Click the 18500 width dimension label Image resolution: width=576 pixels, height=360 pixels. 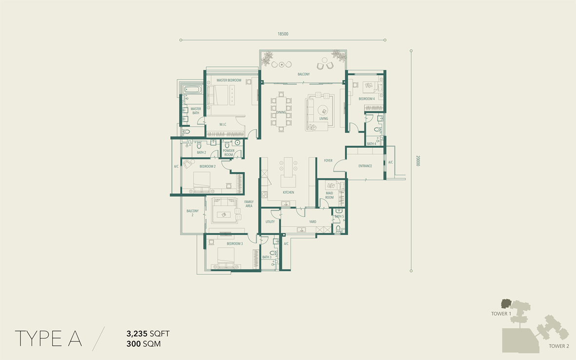283,34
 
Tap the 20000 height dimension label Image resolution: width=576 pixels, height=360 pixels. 418,160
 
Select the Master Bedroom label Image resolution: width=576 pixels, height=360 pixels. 229,80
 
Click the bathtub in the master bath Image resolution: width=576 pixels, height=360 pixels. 193,90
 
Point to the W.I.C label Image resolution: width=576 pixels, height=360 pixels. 223,124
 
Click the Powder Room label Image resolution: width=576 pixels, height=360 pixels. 228,153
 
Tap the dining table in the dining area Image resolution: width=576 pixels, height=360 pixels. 281,112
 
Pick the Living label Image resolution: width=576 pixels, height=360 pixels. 324,119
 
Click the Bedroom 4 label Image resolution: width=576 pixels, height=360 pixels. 367,99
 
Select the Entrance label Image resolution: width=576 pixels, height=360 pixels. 365,166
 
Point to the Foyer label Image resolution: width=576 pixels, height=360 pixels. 328,160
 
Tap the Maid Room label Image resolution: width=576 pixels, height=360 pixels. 329,195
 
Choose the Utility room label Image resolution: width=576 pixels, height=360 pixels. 270,222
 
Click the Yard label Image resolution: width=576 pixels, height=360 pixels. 313,222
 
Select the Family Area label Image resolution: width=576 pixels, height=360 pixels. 249,204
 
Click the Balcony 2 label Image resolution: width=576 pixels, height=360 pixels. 193,213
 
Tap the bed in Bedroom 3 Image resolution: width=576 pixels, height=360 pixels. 226,258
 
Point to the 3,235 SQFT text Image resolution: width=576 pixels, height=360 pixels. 148,334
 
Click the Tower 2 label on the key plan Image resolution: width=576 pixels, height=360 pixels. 559,346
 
